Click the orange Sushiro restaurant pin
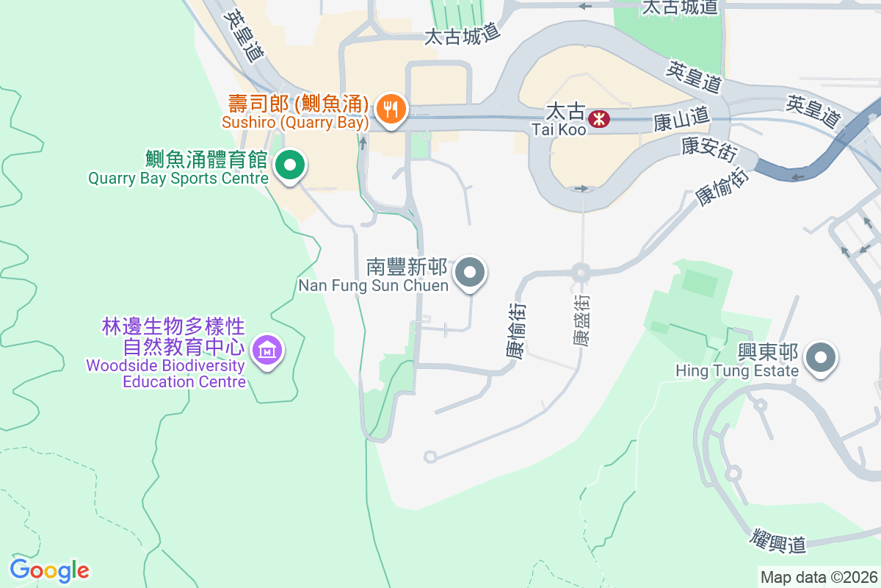(x=390, y=109)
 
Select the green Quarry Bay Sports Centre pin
(x=290, y=165)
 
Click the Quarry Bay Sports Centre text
(x=178, y=178)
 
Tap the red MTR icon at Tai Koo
(x=599, y=118)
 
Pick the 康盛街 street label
(x=581, y=321)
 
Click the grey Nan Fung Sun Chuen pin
(x=470, y=273)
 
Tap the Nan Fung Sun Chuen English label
(x=373, y=284)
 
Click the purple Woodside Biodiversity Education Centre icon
(x=265, y=351)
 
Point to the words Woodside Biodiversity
(x=165, y=365)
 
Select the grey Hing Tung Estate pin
(x=821, y=359)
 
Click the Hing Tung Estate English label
(x=737, y=371)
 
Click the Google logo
(x=49, y=570)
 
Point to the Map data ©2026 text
(x=819, y=577)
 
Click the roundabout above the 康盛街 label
(x=581, y=272)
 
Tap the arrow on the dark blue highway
(x=798, y=176)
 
